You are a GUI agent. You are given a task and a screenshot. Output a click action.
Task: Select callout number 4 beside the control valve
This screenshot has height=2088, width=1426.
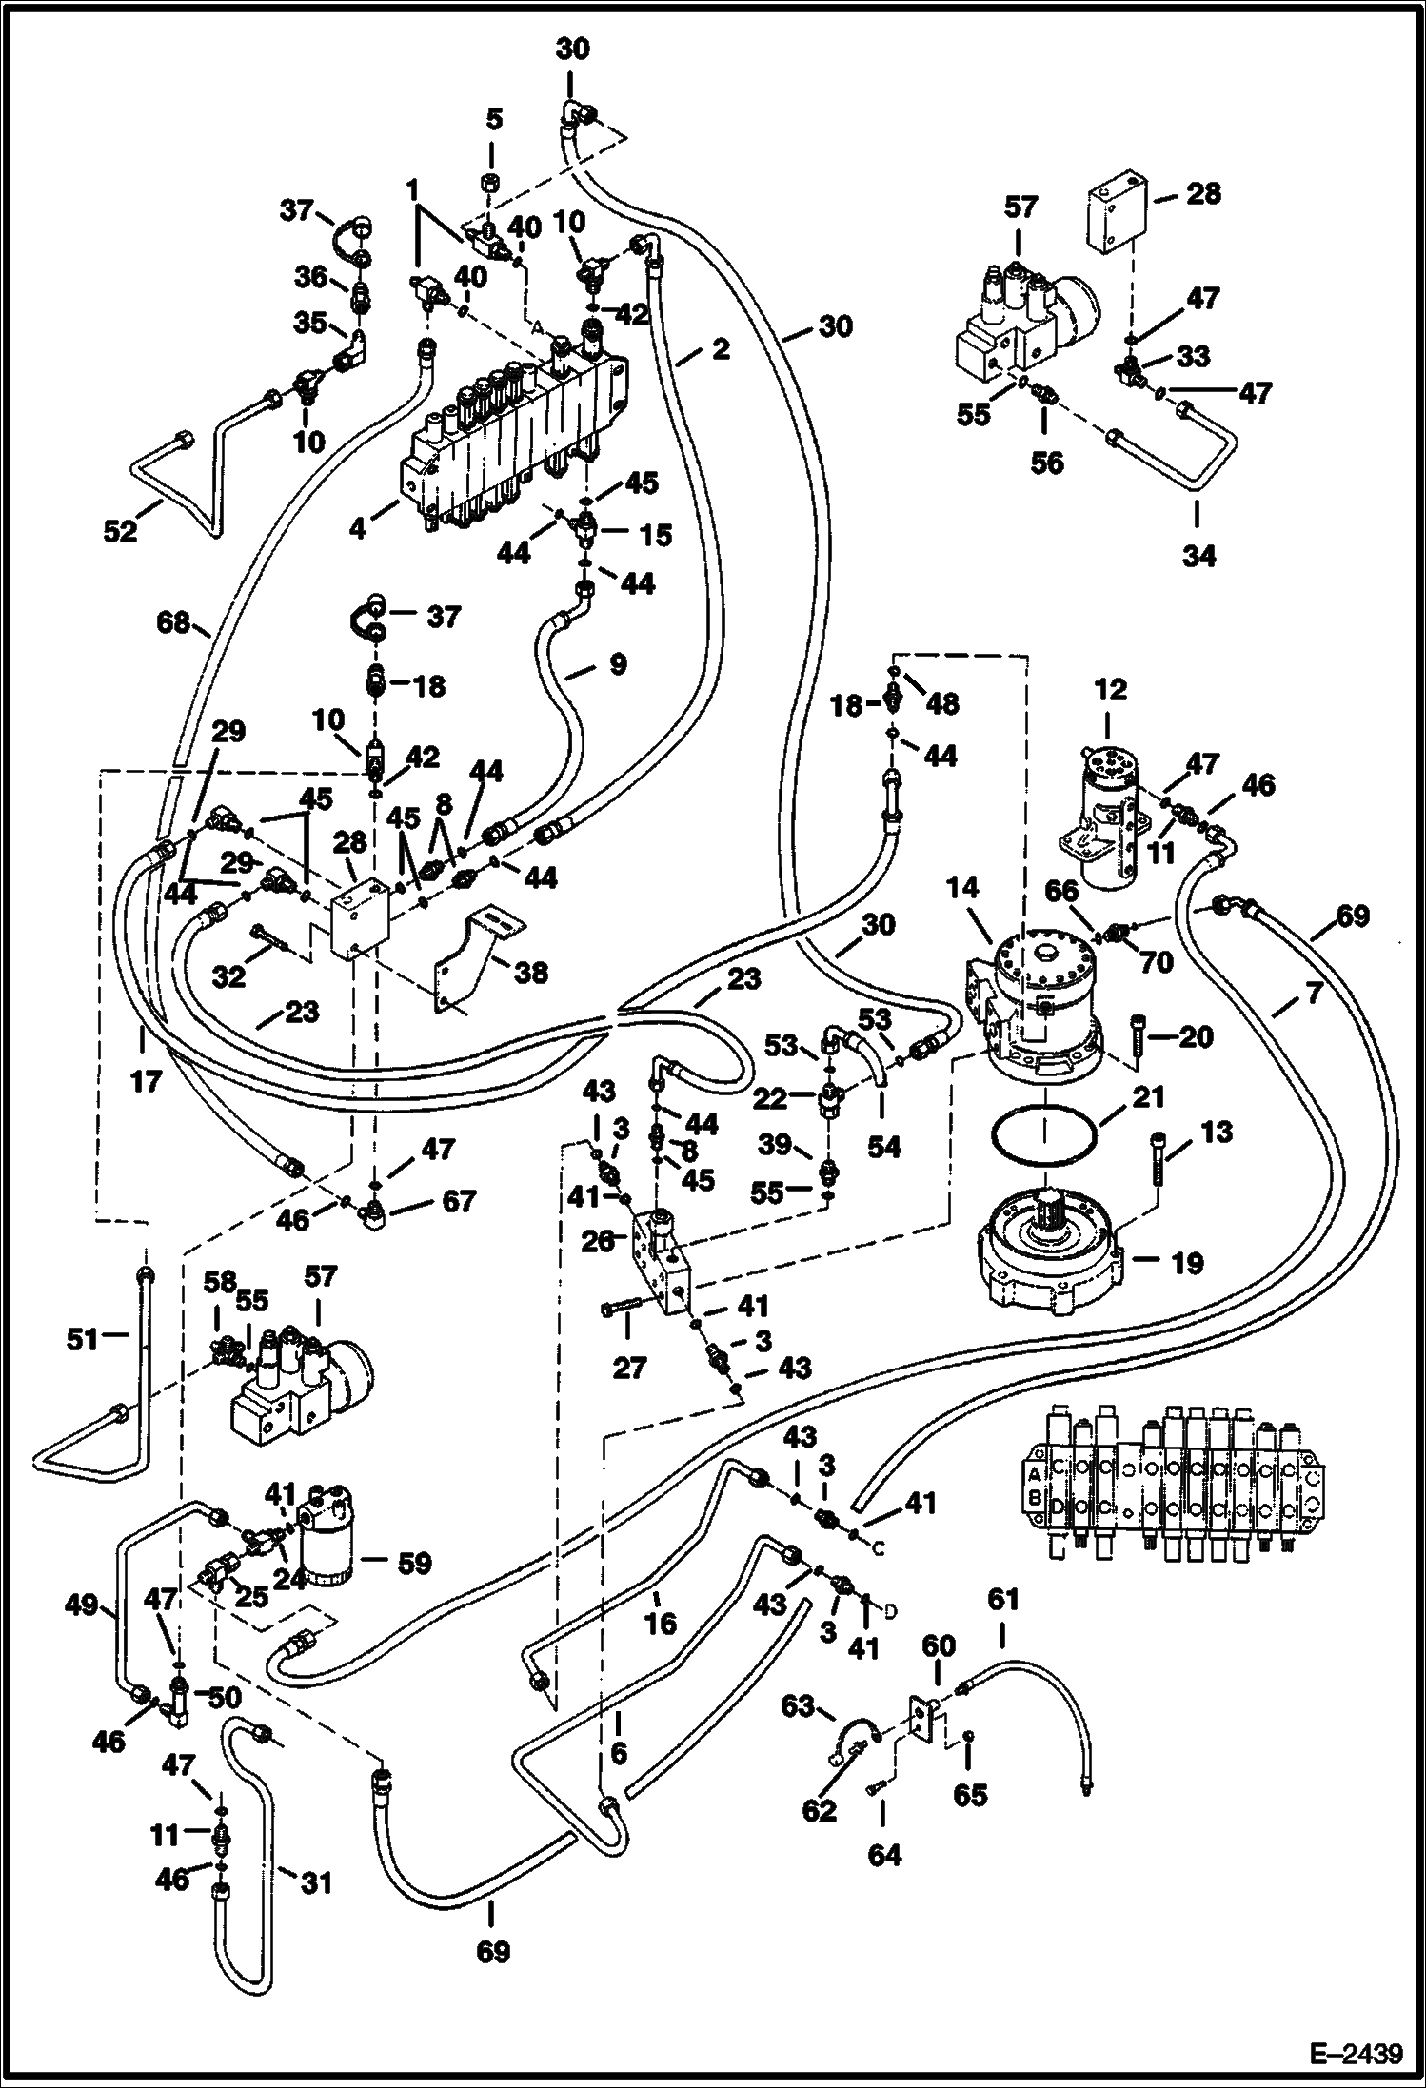358,526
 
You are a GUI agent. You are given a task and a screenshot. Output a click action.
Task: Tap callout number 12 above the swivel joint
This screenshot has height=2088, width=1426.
1110,689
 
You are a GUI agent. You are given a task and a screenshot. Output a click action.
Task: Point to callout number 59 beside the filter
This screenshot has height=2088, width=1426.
415,1564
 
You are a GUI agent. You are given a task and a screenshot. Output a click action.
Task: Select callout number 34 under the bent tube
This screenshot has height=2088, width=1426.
1198,555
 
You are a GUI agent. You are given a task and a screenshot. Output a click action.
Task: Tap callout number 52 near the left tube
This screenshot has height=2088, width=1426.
121,532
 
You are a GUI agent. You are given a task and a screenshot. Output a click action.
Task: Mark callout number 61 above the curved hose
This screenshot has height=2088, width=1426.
1002,1600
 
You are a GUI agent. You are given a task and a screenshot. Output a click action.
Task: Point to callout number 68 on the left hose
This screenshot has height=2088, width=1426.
175,625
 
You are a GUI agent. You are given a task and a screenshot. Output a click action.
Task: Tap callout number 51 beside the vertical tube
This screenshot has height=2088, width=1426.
82,1340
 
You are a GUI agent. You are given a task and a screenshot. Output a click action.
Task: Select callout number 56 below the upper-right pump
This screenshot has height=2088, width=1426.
1047,463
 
